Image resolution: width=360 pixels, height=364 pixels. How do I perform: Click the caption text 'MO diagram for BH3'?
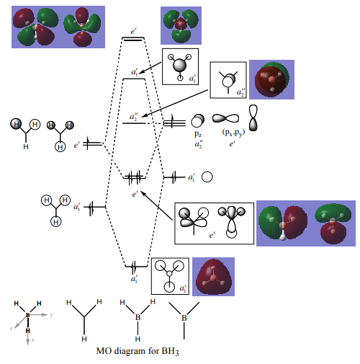138,351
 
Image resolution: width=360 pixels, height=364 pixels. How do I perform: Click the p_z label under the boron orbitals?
198,134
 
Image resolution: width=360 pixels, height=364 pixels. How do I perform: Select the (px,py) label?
233,133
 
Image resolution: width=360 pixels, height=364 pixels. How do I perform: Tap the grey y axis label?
51,315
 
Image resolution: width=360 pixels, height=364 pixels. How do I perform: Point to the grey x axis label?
32,340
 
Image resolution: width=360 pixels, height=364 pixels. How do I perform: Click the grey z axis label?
11,328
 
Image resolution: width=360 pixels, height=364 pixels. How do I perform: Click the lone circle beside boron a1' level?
207,177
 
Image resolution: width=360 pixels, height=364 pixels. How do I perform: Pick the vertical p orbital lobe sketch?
253,117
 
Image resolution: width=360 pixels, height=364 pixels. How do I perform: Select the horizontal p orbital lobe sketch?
225,118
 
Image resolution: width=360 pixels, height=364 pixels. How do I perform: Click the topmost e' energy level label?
134,32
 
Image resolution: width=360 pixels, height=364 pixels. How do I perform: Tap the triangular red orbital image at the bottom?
213,277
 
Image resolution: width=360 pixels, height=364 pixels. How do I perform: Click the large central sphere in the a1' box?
179,65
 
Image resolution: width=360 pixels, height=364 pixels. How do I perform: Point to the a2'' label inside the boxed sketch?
240,92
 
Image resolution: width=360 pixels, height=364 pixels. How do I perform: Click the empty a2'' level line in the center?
134,123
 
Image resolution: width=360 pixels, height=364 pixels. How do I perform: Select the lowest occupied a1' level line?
136,266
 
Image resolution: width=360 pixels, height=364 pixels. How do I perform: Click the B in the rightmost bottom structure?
184,318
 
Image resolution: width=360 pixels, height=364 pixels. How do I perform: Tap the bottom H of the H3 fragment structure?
84,339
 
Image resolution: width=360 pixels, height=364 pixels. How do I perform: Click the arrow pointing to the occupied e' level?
156,205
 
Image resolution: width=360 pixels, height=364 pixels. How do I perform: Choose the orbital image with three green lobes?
181,25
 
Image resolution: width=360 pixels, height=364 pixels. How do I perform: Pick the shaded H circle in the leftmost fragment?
16,124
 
